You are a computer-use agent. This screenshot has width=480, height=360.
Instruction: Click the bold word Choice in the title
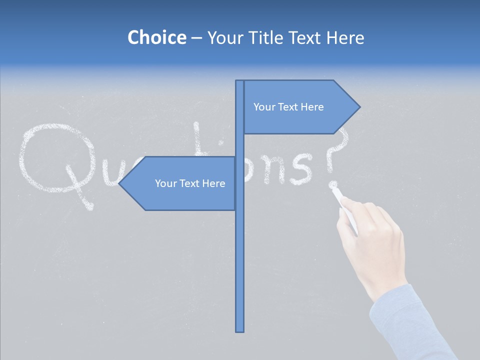click(156, 37)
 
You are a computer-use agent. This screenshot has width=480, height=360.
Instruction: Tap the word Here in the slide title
click(345, 37)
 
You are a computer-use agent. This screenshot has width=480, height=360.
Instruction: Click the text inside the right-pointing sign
click(288, 107)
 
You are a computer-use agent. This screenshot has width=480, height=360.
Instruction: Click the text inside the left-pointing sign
click(190, 183)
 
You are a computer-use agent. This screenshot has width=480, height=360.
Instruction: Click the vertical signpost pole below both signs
click(240, 270)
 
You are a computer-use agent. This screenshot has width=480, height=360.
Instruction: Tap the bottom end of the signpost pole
click(240, 330)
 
